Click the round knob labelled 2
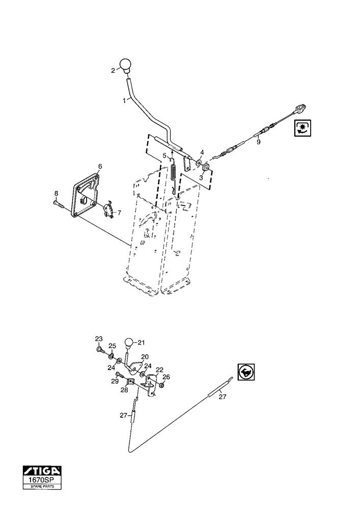tap(125, 65)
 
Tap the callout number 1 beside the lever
tap(124, 101)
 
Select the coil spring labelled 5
tap(174, 174)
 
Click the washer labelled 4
tap(199, 161)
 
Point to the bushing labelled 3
tap(205, 168)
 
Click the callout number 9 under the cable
tap(258, 142)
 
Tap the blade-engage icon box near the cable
tap(303, 128)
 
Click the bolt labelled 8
tap(59, 203)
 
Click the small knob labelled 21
tap(129, 344)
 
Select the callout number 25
tap(112, 346)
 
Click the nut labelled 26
tap(161, 385)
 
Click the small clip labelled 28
tap(130, 382)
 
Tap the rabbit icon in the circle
tap(246, 372)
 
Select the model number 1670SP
tap(42, 480)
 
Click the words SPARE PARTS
tap(42, 487)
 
